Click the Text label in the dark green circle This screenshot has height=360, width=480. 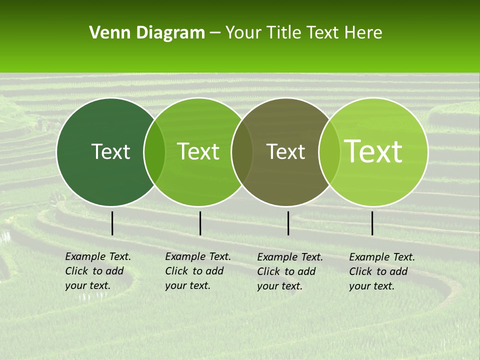pyautogui.click(x=110, y=151)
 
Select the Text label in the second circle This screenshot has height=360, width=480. pyautogui.click(x=198, y=151)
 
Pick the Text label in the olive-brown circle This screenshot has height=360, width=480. pyautogui.click(x=286, y=151)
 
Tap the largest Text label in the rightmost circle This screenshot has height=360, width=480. pyautogui.click(x=374, y=151)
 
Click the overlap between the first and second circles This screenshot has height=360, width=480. pyautogui.click(x=154, y=152)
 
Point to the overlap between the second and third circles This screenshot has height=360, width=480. pyautogui.click(x=242, y=152)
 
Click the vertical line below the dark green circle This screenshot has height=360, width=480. pyautogui.click(x=112, y=223)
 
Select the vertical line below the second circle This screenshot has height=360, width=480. pyautogui.click(x=200, y=223)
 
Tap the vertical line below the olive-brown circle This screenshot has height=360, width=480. pyautogui.click(x=288, y=223)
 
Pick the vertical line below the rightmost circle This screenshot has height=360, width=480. pyautogui.click(x=372, y=223)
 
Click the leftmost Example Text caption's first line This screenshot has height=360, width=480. pyautogui.click(x=98, y=256)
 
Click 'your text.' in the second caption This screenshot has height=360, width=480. pyautogui.click(x=187, y=285)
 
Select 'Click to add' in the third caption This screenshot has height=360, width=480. pyautogui.click(x=286, y=271)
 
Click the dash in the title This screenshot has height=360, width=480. pyautogui.click(x=215, y=33)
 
